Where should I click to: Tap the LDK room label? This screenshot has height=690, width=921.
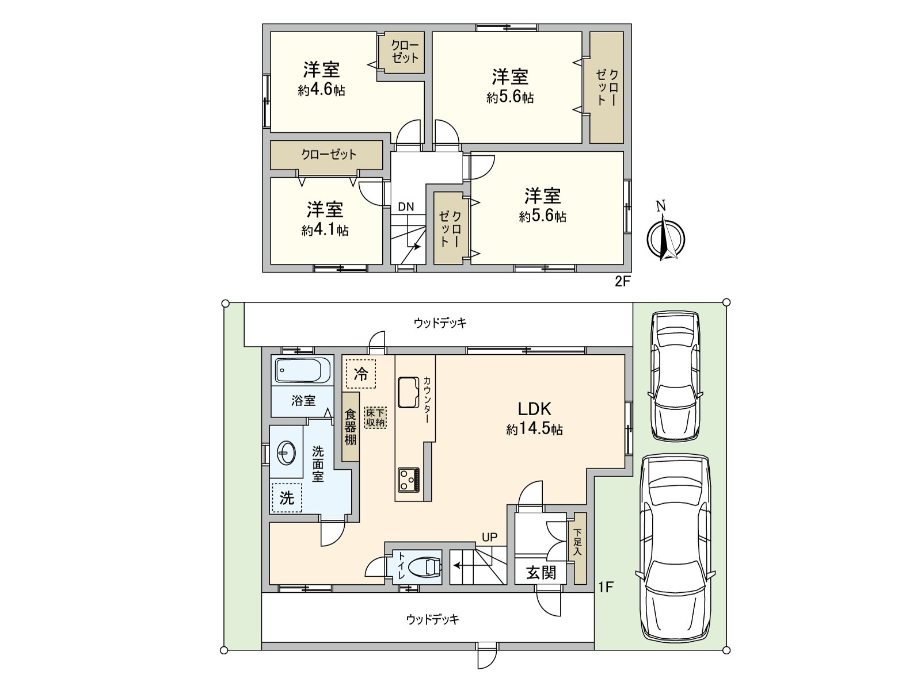(x=534, y=408)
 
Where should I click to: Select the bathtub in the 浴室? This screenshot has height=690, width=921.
(x=303, y=370)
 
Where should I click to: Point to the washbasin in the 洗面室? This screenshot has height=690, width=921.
(x=287, y=453)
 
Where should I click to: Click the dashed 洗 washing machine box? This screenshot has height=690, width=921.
(x=287, y=498)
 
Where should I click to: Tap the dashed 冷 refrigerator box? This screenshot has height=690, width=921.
(x=361, y=374)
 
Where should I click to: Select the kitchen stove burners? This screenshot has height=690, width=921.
(x=408, y=480)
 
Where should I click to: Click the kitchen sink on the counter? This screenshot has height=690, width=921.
(x=408, y=392)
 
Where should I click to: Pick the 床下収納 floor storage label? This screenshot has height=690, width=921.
(x=375, y=417)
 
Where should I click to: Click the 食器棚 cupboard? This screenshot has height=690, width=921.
(x=351, y=427)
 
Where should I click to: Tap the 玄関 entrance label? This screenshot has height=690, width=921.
(x=541, y=573)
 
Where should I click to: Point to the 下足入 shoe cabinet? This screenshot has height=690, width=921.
(x=580, y=548)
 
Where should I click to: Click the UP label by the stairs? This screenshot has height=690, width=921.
(x=489, y=537)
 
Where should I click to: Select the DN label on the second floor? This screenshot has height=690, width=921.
(x=406, y=206)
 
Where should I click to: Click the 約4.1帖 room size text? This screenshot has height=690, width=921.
(x=325, y=230)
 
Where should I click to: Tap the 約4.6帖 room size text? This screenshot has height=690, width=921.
(x=321, y=90)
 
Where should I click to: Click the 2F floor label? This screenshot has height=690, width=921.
(x=623, y=282)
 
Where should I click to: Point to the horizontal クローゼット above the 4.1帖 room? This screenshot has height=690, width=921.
(x=326, y=155)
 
